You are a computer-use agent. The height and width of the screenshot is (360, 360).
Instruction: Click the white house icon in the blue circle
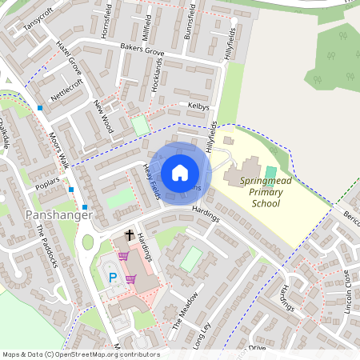pyautogui.click(x=179, y=172)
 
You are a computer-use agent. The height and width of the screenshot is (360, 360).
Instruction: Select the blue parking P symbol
pyautogui.click(x=112, y=278)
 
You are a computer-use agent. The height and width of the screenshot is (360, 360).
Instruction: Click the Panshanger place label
pyautogui.click(x=58, y=215)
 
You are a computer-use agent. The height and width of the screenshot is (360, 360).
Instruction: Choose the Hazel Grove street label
pyautogui.click(x=69, y=55)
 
